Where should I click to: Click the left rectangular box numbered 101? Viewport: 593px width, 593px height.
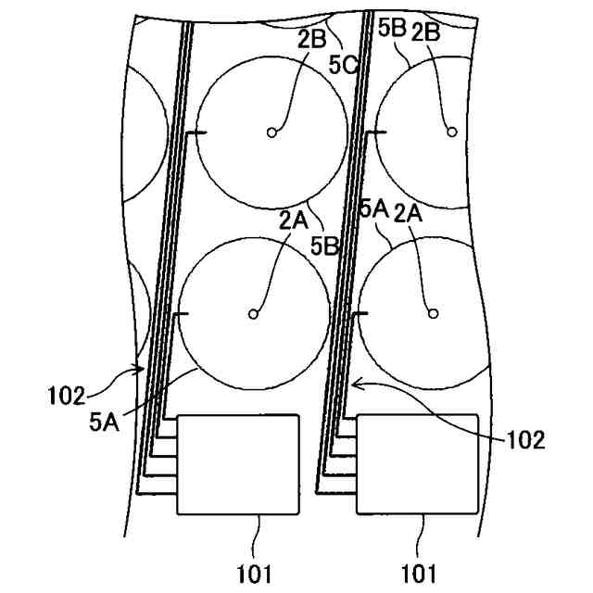point(238,463)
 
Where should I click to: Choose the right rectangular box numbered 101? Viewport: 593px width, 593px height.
point(418,463)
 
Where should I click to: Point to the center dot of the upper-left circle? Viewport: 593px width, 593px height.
point(271,132)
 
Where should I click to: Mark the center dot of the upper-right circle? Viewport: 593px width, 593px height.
point(451,132)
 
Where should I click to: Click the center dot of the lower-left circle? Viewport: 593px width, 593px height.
point(252,314)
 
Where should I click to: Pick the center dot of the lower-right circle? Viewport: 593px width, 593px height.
point(432,314)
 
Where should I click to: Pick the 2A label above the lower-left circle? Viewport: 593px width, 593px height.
point(294,219)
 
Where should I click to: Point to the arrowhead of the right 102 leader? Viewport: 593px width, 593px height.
point(354,382)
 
